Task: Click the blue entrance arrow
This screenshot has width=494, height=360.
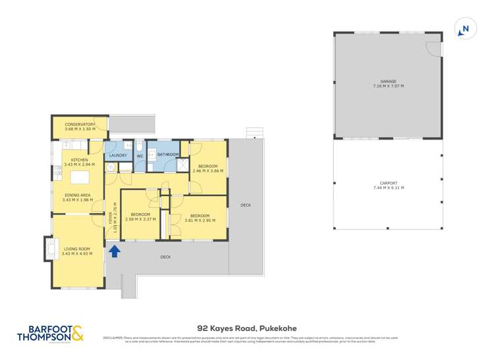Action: pyautogui.click(x=115, y=251)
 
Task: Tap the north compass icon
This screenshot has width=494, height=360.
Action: pyautogui.click(x=464, y=29)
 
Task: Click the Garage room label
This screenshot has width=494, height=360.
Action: pyautogui.click(x=388, y=82)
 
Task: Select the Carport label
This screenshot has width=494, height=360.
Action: pyautogui.click(x=389, y=184)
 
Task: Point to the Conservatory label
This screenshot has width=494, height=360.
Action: pyautogui.click(x=80, y=124)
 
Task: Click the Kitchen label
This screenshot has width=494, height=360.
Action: pyautogui.click(x=79, y=160)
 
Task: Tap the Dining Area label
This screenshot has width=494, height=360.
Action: pyautogui.click(x=76, y=195)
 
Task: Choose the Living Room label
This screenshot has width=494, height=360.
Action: pyautogui.click(x=76, y=249)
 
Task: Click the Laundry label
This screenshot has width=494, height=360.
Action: pyautogui.click(x=118, y=155)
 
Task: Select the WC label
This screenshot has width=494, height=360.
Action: pyautogui.click(x=140, y=156)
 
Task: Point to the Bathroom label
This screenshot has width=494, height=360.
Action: pyautogui.click(x=168, y=155)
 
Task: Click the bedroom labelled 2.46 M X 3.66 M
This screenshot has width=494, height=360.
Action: pyautogui.click(x=208, y=167)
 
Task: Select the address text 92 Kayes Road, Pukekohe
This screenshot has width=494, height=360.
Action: pyautogui.click(x=247, y=326)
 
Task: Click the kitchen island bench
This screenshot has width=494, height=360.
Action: pyautogui.click(x=79, y=178)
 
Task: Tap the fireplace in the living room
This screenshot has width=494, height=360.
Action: pyautogui.click(x=49, y=249)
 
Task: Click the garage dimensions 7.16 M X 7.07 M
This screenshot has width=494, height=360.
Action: pyautogui.click(x=388, y=86)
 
